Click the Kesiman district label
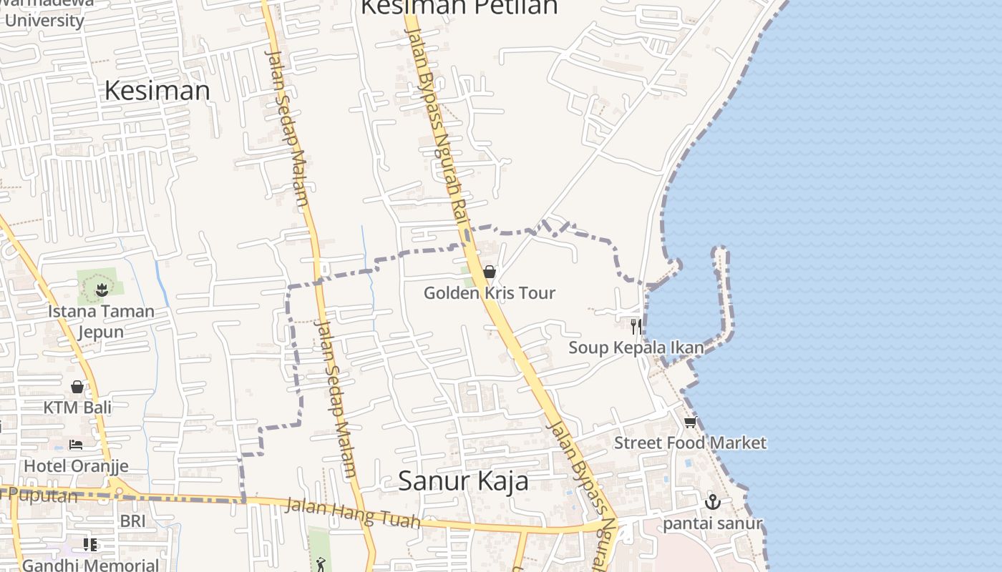(157, 91)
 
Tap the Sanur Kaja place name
(463, 480)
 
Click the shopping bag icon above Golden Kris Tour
(490, 272)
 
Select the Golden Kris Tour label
(490, 293)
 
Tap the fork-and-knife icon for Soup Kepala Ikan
(635, 327)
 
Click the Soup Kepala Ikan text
(636, 348)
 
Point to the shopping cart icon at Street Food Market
(690, 423)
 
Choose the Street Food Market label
(690, 443)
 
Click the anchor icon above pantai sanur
(712, 502)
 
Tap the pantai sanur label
(712, 524)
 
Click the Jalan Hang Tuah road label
(353, 513)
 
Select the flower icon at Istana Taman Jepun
(101, 290)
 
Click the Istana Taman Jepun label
(101, 321)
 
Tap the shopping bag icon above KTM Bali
(77, 387)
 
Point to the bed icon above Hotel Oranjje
(76, 445)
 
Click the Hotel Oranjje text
(76, 466)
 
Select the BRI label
(132, 521)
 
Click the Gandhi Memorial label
(90, 565)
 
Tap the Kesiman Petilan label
(459, 7)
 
